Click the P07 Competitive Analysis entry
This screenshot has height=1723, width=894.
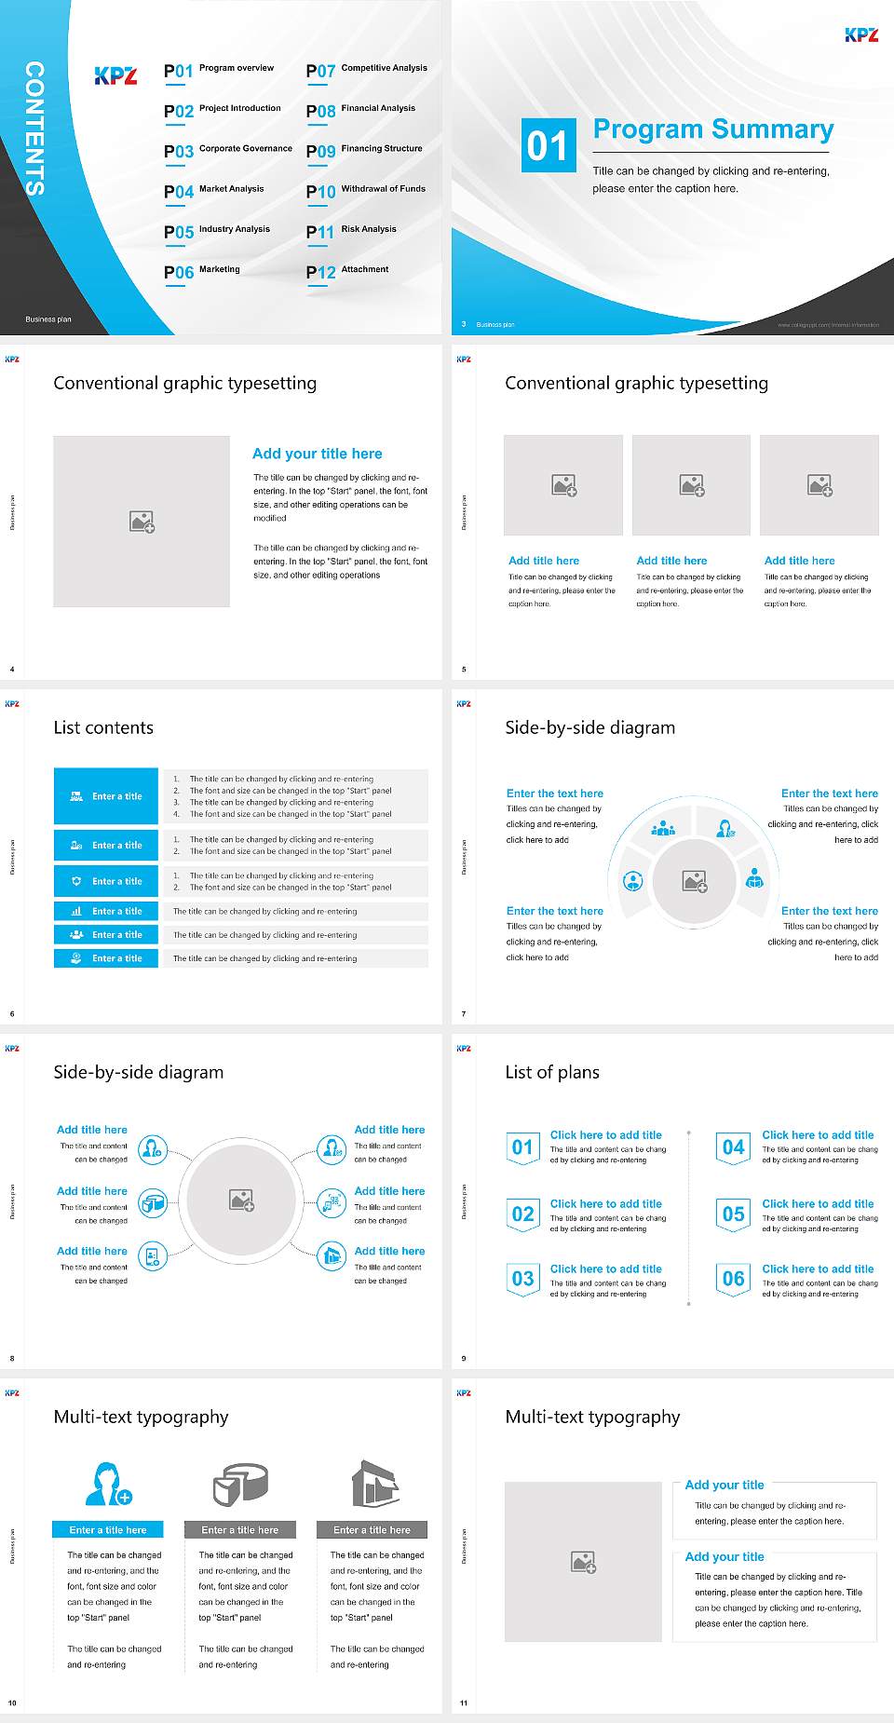pos(367,70)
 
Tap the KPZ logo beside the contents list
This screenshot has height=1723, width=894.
pos(116,76)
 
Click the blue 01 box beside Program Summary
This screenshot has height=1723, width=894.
pos(548,145)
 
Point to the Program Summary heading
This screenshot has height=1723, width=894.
pos(712,129)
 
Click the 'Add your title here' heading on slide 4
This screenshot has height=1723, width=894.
pos(317,454)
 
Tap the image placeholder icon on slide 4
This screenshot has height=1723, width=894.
pos(142,522)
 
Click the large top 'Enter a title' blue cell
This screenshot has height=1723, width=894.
pos(106,796)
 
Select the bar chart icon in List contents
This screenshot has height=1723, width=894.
pos(76,911)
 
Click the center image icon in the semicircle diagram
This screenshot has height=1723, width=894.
pos(695,881)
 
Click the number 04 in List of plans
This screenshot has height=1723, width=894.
pos(734,1147)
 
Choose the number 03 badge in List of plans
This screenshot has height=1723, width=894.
pos(522,1279)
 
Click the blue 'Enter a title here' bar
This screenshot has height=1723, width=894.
pos(108,1529)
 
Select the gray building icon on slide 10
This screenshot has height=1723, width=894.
pos(374,1484)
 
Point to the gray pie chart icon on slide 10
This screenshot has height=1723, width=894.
pos(240,1484)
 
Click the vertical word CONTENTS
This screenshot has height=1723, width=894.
pos(34,128)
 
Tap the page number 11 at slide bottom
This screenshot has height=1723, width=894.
pos(464,1703)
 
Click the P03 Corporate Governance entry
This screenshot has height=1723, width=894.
pos(228,151)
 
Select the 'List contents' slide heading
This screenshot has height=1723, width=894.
pos(103,727)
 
